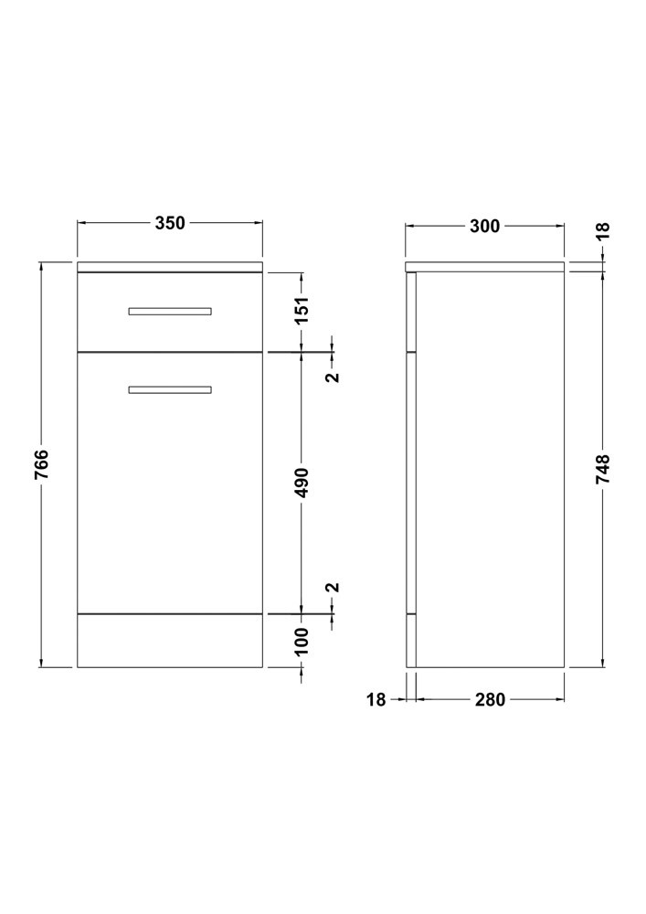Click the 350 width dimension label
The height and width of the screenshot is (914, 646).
[170, 223]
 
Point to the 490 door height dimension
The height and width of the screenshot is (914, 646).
[302, 483]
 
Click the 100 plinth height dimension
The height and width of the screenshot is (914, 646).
[302, 642]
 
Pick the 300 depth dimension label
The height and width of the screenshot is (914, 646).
[484, 226]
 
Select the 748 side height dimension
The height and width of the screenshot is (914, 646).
[603, 469]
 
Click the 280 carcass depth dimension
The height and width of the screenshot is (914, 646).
[490, 699]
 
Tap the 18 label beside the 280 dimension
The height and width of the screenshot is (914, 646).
[376, 699]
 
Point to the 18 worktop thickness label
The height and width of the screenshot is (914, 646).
[603, 231]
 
